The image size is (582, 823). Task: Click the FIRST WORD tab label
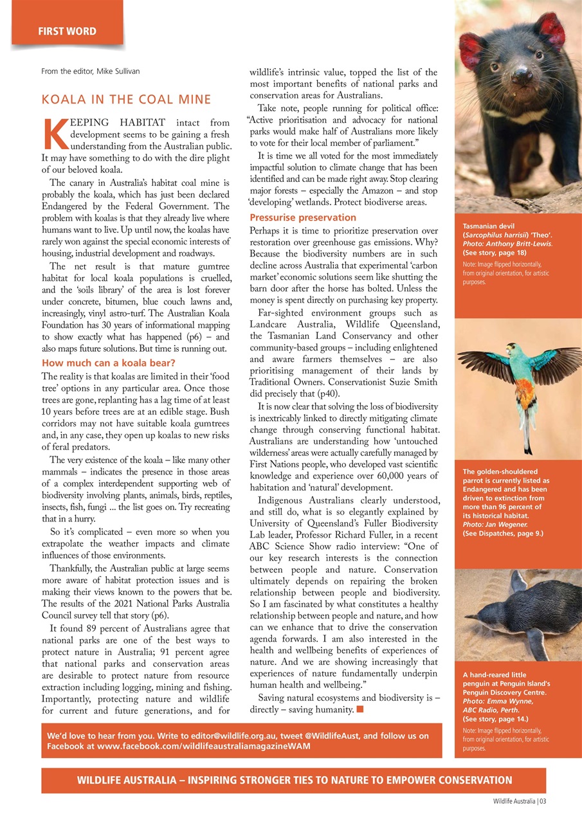click(67, 31)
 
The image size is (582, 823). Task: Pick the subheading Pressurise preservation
click(302, 217)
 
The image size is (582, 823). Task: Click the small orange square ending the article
click(359, 709)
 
